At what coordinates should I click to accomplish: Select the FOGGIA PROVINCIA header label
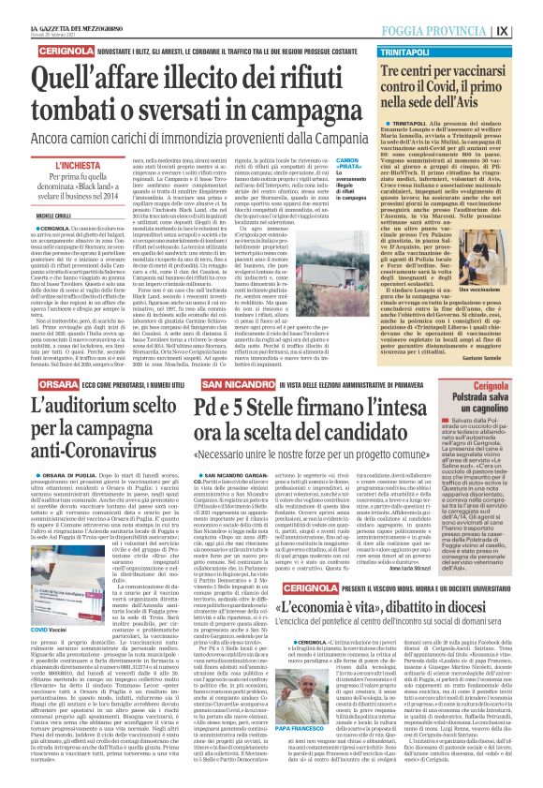[x=468, y=30]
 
